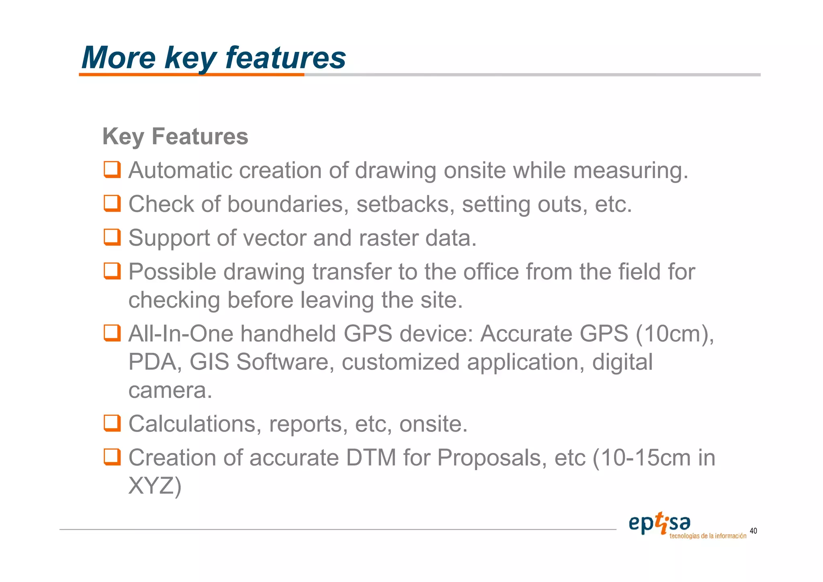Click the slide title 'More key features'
[x=213, y=58]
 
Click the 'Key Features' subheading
[x=175, y=136]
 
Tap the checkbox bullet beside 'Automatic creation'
[x=112, y=170]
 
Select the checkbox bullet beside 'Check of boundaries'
[x=112, y=204]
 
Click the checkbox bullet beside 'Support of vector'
[x=112, y=237]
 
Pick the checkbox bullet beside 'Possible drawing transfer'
[x=112, y=271]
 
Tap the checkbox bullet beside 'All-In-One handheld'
[x=112, y=333]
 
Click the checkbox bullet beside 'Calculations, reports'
[x=112, y=423]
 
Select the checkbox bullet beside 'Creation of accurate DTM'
[x=112, y=457]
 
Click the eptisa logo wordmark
[x=659, y=524]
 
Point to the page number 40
[x=753, y=531]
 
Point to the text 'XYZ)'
[x=155, y=486]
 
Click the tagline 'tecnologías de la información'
[x=708, y=536]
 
